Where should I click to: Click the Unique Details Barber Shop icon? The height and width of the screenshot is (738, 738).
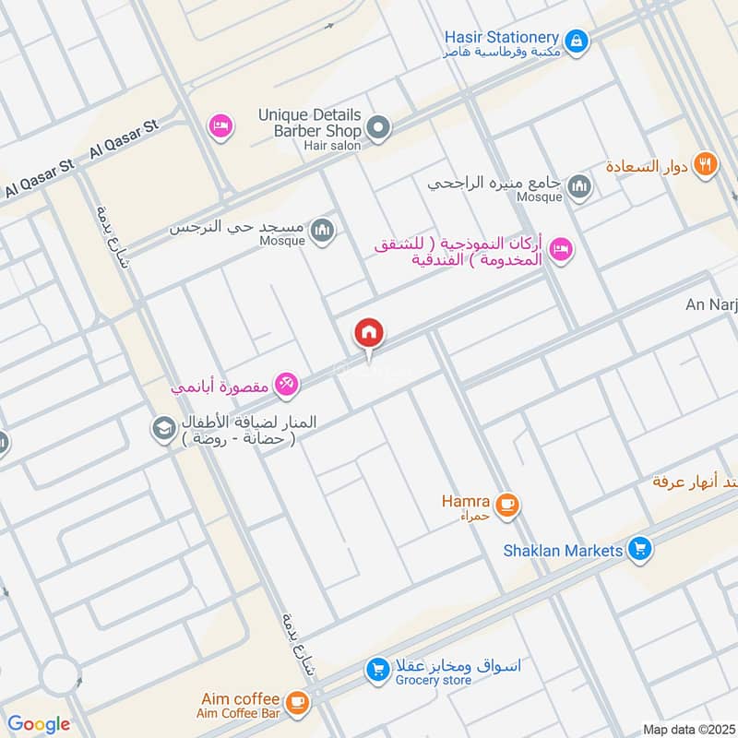[x=377, y=126]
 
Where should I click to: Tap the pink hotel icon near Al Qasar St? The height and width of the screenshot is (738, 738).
[x=220, y=125]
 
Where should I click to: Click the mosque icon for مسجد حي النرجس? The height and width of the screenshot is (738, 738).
[x=321, y=230]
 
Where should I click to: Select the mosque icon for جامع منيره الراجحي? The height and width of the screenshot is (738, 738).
[x=579, y=187]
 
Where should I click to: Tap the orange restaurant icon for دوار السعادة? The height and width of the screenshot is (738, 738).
[x=706, y=165]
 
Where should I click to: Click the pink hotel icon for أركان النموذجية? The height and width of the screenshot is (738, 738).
[x=561, y=248]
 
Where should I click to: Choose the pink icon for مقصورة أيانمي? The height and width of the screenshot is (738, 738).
[x=286, y=385]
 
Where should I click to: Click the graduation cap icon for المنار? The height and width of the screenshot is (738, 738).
[x=164, y=429]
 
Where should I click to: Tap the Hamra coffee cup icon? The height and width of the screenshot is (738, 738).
[x=506, y=505]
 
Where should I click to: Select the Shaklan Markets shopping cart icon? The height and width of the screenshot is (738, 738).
[x=639, y=551]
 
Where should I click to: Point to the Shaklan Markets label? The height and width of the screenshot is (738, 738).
[x=563, y=551]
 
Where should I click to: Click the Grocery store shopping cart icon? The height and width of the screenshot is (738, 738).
[x=376, y=671]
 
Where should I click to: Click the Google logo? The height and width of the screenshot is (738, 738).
[x=39, y=724]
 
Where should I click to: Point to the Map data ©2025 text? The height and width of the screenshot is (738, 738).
[x=687, y=729]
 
